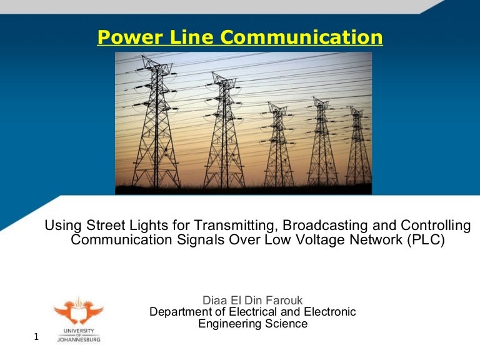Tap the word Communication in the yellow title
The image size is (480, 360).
302,38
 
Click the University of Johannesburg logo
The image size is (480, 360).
78,319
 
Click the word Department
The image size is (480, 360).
179,312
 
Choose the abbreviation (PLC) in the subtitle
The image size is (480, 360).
426,241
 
